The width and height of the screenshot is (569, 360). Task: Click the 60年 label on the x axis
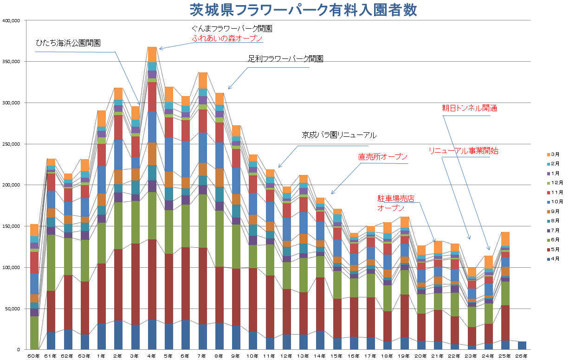point(34,356)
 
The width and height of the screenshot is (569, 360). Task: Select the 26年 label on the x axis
point(522,356)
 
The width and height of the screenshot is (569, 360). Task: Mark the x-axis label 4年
point(152,356)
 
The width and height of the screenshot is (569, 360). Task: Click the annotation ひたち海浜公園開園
point(68,43)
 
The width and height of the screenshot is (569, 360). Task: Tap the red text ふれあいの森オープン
point(227,39)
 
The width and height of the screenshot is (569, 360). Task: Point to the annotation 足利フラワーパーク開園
point(285,59)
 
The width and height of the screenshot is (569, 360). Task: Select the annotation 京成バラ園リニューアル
point(339,135)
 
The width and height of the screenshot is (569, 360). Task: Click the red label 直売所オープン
point(383,157)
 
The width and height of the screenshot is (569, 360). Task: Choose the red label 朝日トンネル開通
point(469,108)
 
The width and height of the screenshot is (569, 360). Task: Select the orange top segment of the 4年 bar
point(152,54)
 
